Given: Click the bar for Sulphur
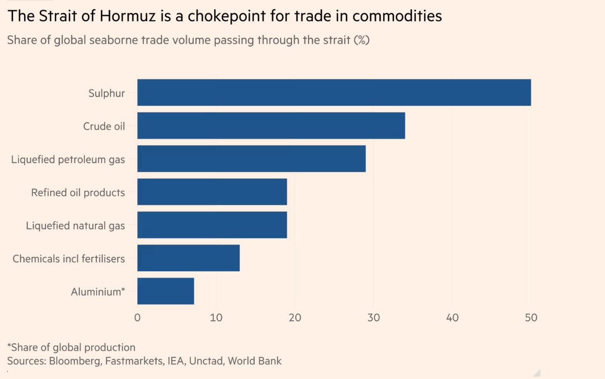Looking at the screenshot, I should [x=334, y=93].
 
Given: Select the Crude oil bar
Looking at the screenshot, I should [x=271, y=126].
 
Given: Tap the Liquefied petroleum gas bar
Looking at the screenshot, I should [x=251, y=159].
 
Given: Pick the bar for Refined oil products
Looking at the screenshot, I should [x=212, y=192].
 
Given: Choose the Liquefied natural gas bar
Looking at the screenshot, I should [x=212, y=225].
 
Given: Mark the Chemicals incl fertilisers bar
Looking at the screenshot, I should [x=188, y=258].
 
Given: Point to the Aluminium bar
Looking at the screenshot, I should [x=165, y=292].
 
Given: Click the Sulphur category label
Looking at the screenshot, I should [x=106, y=94].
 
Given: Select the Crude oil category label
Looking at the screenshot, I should [x=104, y=126].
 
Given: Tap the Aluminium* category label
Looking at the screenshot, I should [x=98, y=292].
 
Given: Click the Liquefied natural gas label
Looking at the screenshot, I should [x=75, y=226].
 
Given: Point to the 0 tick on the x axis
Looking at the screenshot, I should [x=137, y=318].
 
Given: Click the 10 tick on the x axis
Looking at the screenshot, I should [x=216, y=318].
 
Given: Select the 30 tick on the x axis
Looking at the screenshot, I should [x=373, y=318].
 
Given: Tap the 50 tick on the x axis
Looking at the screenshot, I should [x=531, y=318].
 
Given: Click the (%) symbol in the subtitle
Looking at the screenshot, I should [x=361, y=40].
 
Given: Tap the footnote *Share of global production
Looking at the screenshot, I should [x=71, y=348].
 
